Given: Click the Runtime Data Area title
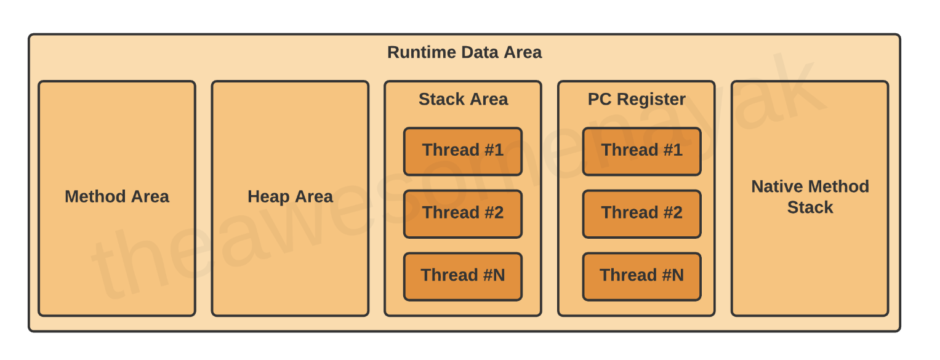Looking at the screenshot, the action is (x=464, y=52).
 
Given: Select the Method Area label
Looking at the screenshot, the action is (x=117, y=196).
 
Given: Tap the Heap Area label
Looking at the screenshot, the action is (x=290, y=197).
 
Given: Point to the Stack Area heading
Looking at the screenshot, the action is (x=464, y=100).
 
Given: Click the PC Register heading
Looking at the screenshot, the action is (x=636, y=100).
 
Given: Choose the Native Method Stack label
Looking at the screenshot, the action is (x=810, y=197).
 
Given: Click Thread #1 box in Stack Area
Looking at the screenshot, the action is (x=463, y=151).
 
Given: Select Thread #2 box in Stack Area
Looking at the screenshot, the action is (x=463, y=214).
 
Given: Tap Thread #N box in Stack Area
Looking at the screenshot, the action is (x=463, y=276).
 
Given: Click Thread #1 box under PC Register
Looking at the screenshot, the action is (x=641, y=151).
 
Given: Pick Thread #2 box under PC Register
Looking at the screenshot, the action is (x=641, y=214).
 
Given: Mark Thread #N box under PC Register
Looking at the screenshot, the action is (x=641, y=276).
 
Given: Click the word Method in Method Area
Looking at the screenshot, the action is (x=95, y=196).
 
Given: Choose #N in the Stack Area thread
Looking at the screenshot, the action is (x=494, y=275).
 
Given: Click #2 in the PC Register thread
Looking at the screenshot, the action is (x=673, y=213).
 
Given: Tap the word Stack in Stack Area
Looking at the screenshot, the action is (x=441, y=100).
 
